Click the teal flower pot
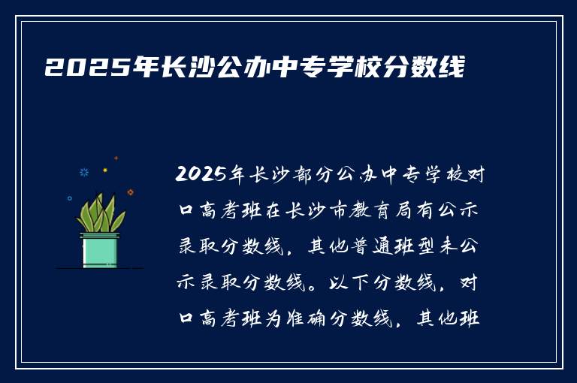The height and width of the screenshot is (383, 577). [x=100, y=249]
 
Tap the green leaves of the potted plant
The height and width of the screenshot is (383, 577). [x=100, y=214]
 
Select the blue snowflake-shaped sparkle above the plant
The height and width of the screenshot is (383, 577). [x=84, y=172]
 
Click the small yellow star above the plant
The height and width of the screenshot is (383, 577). [x=105, y=170]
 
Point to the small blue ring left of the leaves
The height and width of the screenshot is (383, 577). [x=70, y=198]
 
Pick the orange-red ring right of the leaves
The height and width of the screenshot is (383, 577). [x=131, y=192]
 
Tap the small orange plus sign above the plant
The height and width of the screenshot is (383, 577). [x=116, y=158]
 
